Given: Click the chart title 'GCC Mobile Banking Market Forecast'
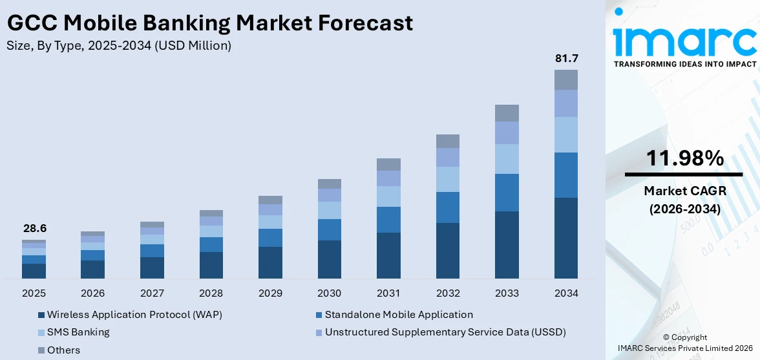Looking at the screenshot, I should pos(209,23).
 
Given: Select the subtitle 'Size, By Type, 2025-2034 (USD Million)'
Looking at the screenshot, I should pos(118,46).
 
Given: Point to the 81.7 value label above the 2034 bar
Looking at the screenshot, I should pos(566,59).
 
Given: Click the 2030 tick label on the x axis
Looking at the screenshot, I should pos(329,293).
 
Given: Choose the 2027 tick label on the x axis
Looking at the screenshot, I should pos(152,293).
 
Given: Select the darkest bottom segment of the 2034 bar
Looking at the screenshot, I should pos(566,238).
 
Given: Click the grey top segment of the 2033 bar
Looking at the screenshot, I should pos(507,113).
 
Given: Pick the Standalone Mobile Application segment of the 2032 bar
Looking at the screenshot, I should pos(447,207).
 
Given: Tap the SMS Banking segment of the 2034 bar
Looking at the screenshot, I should pos(566,134).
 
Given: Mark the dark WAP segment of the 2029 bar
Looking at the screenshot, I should pos(270,262).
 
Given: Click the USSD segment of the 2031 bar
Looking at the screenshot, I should pos(388,178).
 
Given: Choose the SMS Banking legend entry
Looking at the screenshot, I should pos(78,332).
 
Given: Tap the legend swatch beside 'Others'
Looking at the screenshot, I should pos(41,350).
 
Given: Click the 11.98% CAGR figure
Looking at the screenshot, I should pos(684,158).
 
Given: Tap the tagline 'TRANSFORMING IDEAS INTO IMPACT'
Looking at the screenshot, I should pos(684,64).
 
